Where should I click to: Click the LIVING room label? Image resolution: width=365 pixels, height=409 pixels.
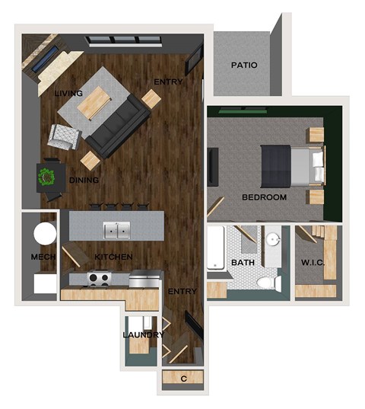68,93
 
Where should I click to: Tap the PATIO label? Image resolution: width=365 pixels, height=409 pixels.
244,66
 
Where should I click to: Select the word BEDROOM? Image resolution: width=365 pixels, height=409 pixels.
264,197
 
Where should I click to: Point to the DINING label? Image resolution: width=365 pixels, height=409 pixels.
84,181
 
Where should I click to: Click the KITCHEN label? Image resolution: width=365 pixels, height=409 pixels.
113,257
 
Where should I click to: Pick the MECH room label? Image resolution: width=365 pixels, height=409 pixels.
42,257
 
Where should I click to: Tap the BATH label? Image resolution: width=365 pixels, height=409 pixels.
242,263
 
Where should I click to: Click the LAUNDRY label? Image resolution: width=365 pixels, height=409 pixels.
143,334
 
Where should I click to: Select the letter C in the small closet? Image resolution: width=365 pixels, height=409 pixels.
183,378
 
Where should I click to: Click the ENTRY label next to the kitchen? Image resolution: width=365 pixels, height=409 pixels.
182,291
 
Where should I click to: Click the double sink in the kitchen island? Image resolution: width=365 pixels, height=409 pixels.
117,228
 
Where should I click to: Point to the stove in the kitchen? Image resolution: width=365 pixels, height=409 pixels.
99,279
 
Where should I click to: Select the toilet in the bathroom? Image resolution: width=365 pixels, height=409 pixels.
265,284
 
